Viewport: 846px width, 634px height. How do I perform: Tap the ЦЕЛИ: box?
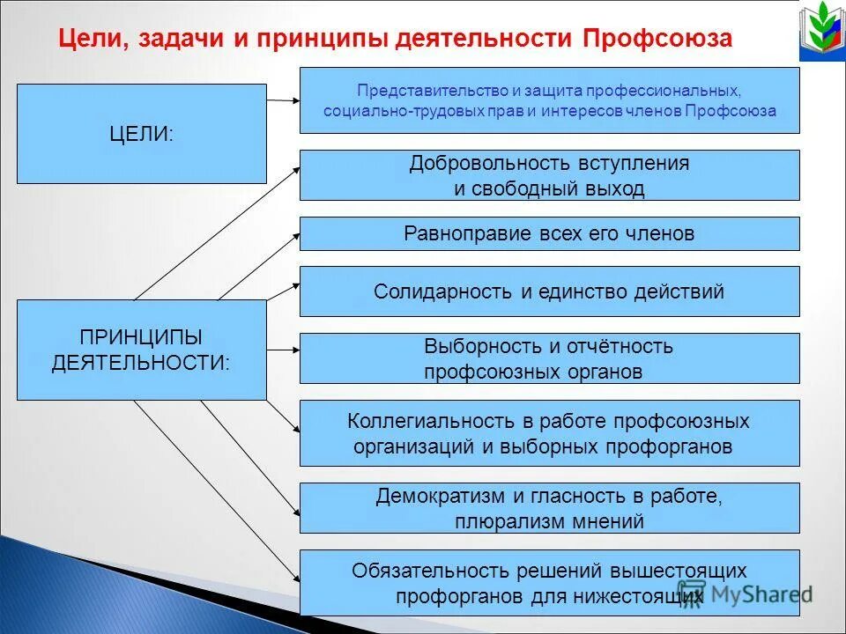[141, 134]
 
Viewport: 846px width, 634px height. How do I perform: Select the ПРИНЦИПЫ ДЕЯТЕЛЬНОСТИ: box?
[141, 350]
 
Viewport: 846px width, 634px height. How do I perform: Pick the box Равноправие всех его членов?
[549, 234]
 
